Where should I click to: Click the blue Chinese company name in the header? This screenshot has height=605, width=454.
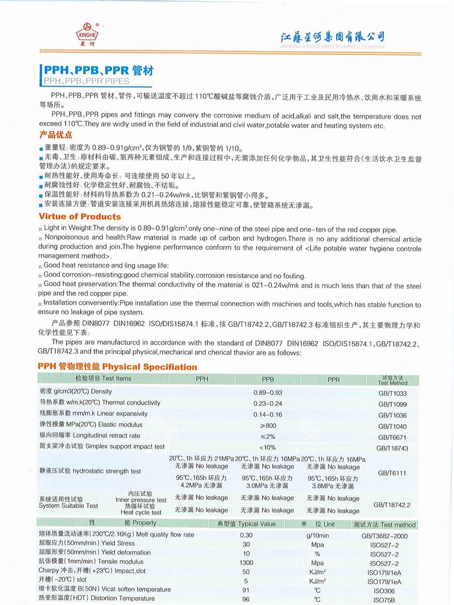click(x=332, y=37)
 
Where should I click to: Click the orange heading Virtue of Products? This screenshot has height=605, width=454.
click(x=80, y=217)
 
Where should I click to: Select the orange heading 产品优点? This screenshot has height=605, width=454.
click(x=55, y=135)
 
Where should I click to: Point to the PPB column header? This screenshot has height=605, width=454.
click(x=268, y=379)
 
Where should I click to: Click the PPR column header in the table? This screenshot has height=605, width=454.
click(x=334, y=379)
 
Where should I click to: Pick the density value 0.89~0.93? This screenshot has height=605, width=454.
click(x=268, y=392)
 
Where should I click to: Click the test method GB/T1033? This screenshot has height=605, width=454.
click(x=392, y=393)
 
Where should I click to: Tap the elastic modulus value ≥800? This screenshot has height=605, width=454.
click(x=268, y=425)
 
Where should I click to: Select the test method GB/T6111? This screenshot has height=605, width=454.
click(x=392, y=473)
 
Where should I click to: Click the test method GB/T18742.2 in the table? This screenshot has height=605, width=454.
click(x=392, y=504)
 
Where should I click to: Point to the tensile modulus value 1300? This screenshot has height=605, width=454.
click(x=246, y=562)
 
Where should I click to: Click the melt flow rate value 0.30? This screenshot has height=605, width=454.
click(x=246, y=535)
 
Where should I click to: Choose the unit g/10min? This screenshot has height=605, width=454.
click(x=317, y=535)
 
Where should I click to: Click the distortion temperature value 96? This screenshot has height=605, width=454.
click(x=246, y=599)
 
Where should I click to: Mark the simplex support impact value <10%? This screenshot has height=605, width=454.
click(x=268, y=447)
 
